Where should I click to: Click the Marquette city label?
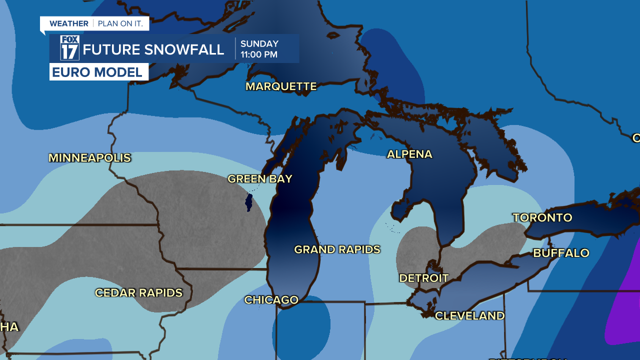tap(281, 86)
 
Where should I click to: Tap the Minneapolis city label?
tap(89, 158)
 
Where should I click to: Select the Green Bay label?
tap(259, 179)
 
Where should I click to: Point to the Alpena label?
tap(409, 154)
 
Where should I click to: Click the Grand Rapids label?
tap(337, 249)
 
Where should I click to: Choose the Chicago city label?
tap(271, 300)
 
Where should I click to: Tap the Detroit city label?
tap(423, 278)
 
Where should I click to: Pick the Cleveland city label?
tap(469, 316)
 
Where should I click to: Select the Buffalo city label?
tap(561, 253)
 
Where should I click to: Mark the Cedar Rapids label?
tap(138, 293)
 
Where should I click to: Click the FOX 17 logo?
tap(69, 48)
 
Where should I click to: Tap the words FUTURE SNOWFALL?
tap(153, 49)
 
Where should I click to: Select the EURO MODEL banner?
tap(98, 72)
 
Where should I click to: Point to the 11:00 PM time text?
tap(258, 54)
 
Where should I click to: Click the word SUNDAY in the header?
tap(259, 44)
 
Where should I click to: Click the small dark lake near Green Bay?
tap(248, 203)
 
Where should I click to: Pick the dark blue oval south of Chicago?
tap(301, 327)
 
